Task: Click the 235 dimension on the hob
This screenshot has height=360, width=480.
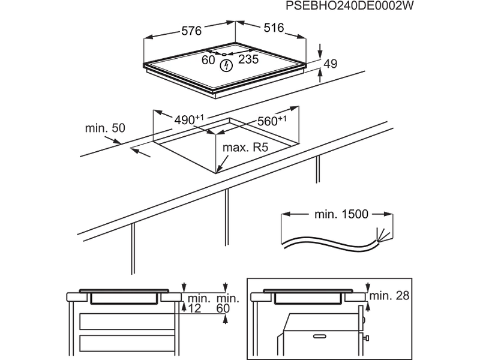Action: (x=248, y=59)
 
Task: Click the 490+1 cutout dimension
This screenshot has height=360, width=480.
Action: (x=188, y=119)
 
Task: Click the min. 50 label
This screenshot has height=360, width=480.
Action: (x=105, y=128)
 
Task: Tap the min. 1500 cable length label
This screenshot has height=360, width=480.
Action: (x=338, y=214)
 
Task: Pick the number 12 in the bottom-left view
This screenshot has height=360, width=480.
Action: (x=194, y=308)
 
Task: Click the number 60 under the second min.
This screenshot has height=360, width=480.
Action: (x=225, y=308)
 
